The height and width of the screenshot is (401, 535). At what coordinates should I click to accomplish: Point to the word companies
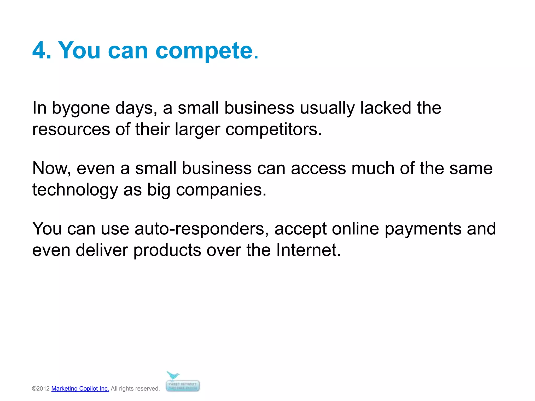pyautogui.click(x=221, y=190)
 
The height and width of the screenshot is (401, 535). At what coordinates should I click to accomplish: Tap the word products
pyautogui.click(x=167, y=251)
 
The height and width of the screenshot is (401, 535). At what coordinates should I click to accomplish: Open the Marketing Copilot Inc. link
pyautogui.click(x=80, y=388)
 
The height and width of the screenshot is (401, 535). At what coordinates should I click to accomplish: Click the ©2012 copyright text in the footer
pyautogui.click(x=41, y=388)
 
